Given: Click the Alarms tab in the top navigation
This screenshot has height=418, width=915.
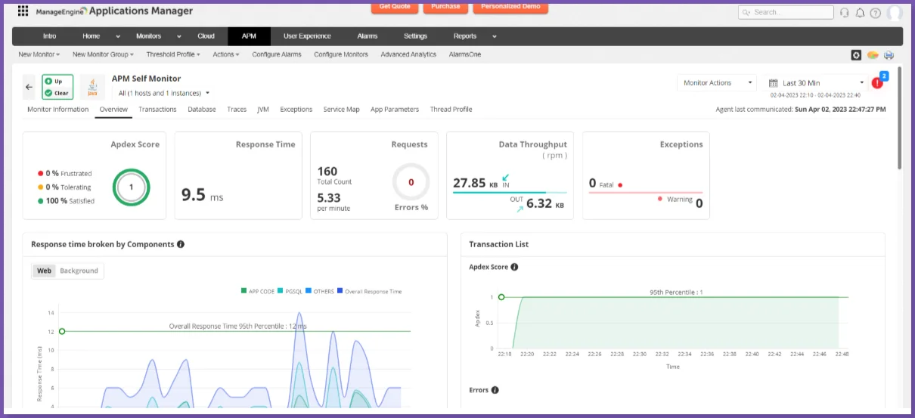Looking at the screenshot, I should (368, 36).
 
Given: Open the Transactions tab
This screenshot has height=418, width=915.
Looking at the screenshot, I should (157, 110).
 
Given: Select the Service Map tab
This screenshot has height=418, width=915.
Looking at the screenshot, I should (341, 110).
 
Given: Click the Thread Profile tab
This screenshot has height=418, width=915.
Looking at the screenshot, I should (451, 110).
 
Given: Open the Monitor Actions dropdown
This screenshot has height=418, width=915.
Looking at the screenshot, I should (718, 83).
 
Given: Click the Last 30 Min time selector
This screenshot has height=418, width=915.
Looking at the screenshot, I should (816, 83).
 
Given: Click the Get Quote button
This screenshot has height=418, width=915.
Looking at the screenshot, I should (395, 7).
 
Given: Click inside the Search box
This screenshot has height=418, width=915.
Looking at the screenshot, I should (791, 13).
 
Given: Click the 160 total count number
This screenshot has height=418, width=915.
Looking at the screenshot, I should (327, 172).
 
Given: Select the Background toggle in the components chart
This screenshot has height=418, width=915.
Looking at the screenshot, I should (79, 271).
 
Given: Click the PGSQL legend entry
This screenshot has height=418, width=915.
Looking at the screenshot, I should (293, 291).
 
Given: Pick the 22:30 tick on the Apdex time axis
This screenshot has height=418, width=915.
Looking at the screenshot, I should (640, 354).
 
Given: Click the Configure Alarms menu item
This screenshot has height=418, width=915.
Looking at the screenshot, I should (276, 54).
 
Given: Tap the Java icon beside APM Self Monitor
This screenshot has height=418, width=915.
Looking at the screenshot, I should (92, 86).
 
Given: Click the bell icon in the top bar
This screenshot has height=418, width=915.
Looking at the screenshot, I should (860, 13).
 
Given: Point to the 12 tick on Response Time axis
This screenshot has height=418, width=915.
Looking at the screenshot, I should (51, 331).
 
